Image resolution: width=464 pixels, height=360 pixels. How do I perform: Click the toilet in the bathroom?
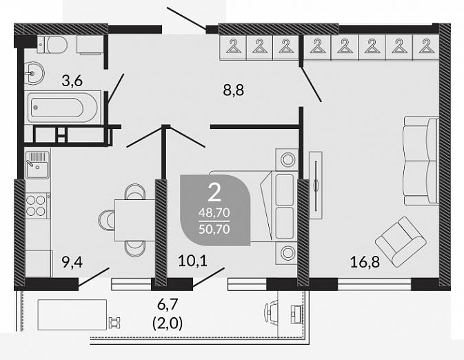(52, 44)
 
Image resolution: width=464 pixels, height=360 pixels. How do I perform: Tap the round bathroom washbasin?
(34, 73)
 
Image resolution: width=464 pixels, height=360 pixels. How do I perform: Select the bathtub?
(63, 108)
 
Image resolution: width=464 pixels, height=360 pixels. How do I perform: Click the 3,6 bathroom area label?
(72, 81)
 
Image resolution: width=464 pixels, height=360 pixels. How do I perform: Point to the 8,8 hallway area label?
(234, 90)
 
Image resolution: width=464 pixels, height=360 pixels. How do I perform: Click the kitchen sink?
(37, 165)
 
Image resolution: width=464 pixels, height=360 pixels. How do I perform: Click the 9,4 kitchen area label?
(72, 262)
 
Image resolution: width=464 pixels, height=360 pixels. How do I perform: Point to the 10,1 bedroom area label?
(192, 261)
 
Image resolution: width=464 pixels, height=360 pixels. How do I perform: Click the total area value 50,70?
(214, 229)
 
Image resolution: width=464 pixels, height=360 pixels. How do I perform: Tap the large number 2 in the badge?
(214, 192)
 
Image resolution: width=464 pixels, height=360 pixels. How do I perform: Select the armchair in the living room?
(401, 241)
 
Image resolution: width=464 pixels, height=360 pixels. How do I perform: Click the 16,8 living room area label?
(365, 262)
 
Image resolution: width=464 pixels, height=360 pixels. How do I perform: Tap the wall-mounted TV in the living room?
(316, 185)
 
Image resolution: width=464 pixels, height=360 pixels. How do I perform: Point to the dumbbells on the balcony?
(114, 323)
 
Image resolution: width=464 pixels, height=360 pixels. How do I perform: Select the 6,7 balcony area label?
(168, 304)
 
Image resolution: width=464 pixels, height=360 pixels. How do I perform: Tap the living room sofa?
(421, 161)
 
